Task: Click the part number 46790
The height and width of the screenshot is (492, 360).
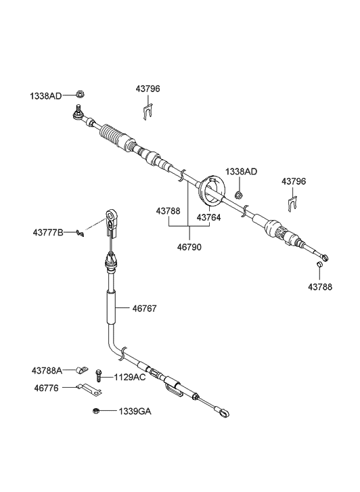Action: pyautogui.click(x=189, y=247)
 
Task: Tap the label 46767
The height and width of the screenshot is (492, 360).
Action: pyautogui.click(x=144, y=309)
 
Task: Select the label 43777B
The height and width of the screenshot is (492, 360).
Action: pyautogui.click(x=48, y=233)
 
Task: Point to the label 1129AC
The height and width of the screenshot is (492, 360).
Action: pyautogui.click(x=130, y=377)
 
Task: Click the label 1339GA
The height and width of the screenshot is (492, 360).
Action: pyautogui.click(x=135, y=411)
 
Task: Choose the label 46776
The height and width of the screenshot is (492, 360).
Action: pyautogui.click(x=46, y=388)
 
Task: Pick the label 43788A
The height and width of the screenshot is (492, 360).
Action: pyautogui.click(x=47, y=371)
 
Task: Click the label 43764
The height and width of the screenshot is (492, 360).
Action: pyautogui.click(x=208, y=217)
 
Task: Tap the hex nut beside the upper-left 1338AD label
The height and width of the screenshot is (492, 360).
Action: pyautogui.click(x=80, y=94)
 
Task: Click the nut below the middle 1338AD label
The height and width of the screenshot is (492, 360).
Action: pyautogui.click(x=239, y=195)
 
